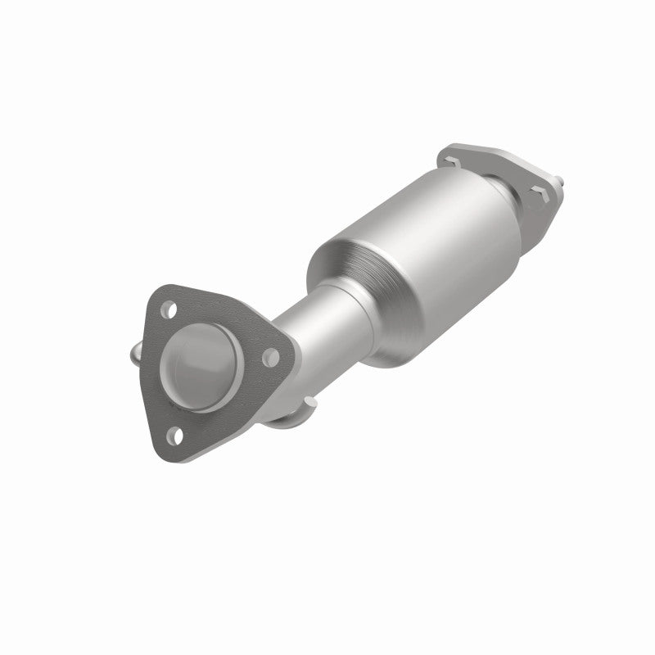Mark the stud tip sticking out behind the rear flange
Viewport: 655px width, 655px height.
pos(559,178)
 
